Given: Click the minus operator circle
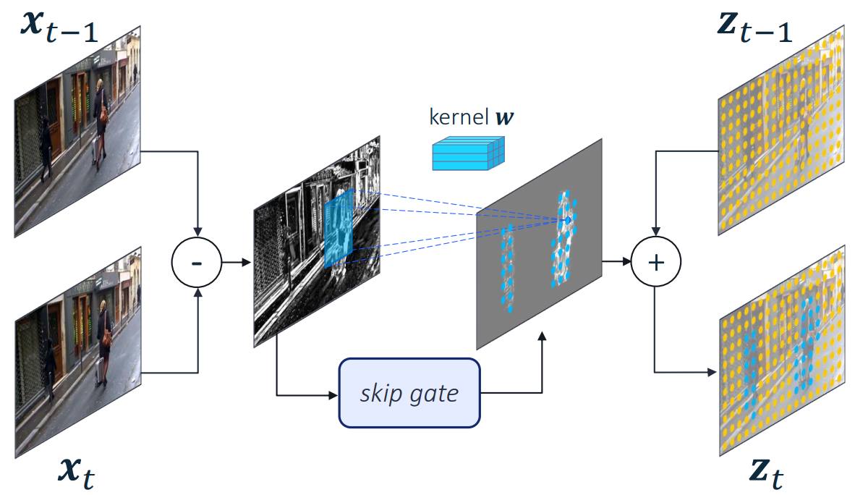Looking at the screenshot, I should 195,262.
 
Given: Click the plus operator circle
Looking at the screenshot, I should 655,262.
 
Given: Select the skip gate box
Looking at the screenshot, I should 409,393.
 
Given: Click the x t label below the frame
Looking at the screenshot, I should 76,474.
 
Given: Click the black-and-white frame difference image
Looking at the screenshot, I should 316,239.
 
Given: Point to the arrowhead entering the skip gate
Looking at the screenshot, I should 335,395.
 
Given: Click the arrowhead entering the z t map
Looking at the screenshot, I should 713,372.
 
